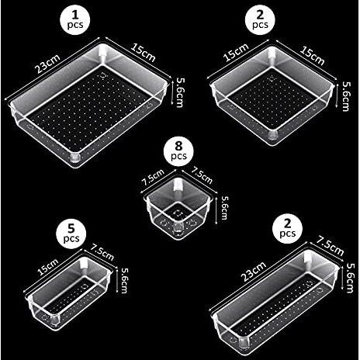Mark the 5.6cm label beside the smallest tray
[225, 207]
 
